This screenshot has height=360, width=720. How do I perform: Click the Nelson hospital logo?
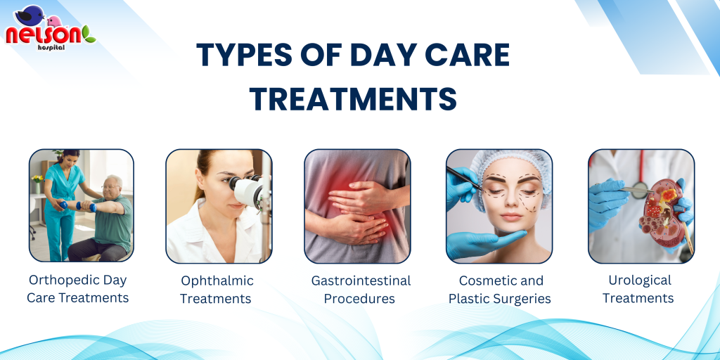(x=50, y=28)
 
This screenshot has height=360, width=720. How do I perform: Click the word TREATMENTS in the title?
(x=353, y=98)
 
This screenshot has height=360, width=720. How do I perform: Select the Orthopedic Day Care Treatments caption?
(x=77, y=289)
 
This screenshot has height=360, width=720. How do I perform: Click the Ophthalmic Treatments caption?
(x=217, y=289)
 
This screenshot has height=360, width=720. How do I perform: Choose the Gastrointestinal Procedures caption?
(x=361, y=289)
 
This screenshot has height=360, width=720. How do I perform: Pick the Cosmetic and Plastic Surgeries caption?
(x=500, y=289)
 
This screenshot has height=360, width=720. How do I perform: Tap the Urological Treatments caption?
(x=639, y=289)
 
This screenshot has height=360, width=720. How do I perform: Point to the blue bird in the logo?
(x=30, y=15)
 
